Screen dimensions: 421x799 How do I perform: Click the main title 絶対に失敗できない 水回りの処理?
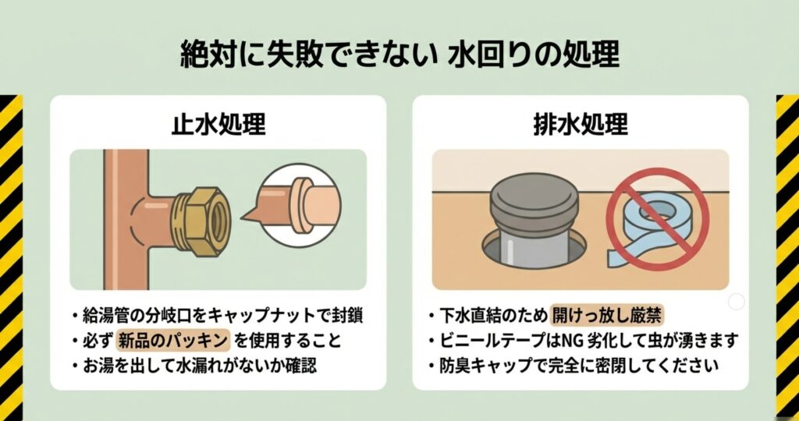coord(399,55)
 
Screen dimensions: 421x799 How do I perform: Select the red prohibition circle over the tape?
coord(657,216)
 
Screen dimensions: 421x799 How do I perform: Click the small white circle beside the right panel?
coord(736,302)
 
